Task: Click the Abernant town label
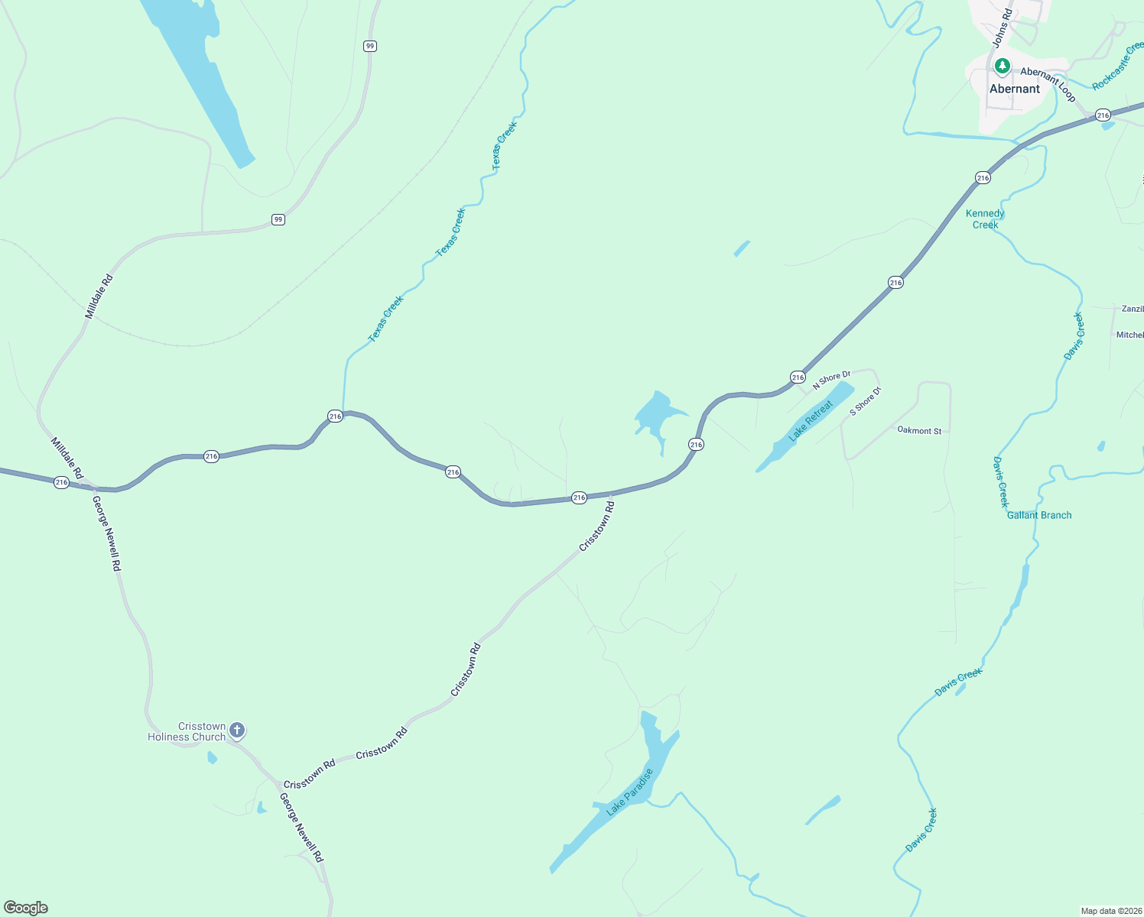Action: coord(1015,89)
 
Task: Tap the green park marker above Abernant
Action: coord(1002,67)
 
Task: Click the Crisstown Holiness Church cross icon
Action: coord(237,731)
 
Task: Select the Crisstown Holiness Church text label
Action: coord(187,732)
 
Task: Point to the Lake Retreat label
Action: coord(811,421)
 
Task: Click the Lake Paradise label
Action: coord(630,792)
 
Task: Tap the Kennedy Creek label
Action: coord(985,219)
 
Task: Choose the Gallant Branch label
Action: coord(1039,515)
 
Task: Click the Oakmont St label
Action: coord(919,431)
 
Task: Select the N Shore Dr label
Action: coord(831,380)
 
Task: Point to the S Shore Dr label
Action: coord(866,401)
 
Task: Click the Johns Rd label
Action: coord(1003,28)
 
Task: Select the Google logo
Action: coord(26,908)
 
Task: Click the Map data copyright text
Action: coord(1110,911)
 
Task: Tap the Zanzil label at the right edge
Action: coord(1133,309)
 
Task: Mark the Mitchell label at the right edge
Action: coord(1130,335)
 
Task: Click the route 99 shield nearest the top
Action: coord(370,46)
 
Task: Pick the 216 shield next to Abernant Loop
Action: coord(1102,115)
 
